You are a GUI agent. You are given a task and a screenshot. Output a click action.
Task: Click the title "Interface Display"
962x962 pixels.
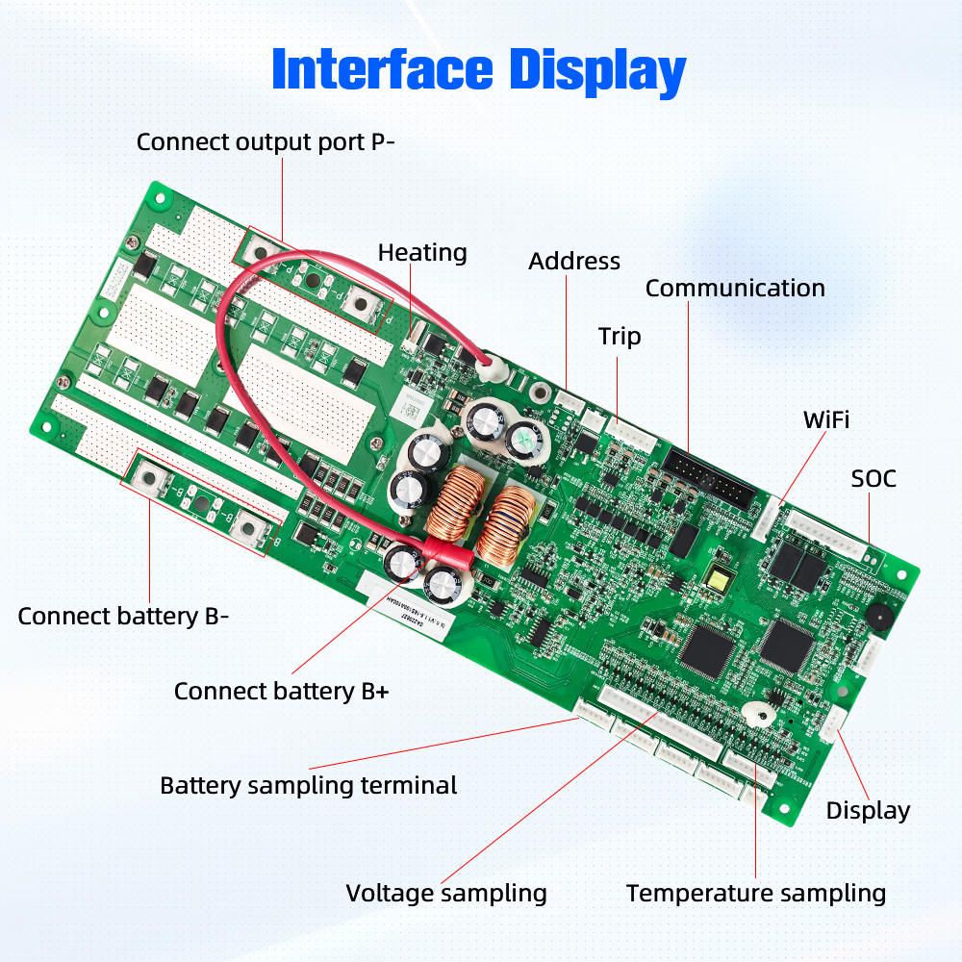478,71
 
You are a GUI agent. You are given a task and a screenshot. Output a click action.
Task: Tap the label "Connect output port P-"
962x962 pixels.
266,142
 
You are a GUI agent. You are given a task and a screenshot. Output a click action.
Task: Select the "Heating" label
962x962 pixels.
422,253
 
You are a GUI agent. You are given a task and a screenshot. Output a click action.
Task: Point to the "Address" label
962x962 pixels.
574,261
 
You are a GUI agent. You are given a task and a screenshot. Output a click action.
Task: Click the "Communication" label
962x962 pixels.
735,288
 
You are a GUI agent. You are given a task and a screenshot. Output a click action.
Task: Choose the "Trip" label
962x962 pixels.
620,337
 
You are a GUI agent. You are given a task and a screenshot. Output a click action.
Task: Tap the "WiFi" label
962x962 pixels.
826,419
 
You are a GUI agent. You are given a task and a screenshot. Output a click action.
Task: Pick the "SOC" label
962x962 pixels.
873,478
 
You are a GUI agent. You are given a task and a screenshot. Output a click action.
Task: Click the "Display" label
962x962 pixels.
868,810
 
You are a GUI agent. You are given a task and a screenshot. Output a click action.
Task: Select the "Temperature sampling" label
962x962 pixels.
755,893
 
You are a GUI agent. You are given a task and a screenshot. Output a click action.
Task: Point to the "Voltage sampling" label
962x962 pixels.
446,893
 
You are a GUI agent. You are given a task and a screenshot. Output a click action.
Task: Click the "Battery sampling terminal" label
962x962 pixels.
308,785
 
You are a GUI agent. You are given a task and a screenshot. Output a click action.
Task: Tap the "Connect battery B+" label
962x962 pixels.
281,691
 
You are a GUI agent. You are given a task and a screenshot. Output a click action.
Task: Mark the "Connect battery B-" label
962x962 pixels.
123,617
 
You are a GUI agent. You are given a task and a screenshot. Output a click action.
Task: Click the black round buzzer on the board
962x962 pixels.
877,613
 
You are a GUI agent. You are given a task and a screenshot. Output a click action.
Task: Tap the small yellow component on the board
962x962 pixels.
718,579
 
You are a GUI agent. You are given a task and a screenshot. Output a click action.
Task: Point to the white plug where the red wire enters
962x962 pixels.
494,365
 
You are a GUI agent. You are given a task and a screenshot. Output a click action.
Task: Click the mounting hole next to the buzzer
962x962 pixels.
901,574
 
